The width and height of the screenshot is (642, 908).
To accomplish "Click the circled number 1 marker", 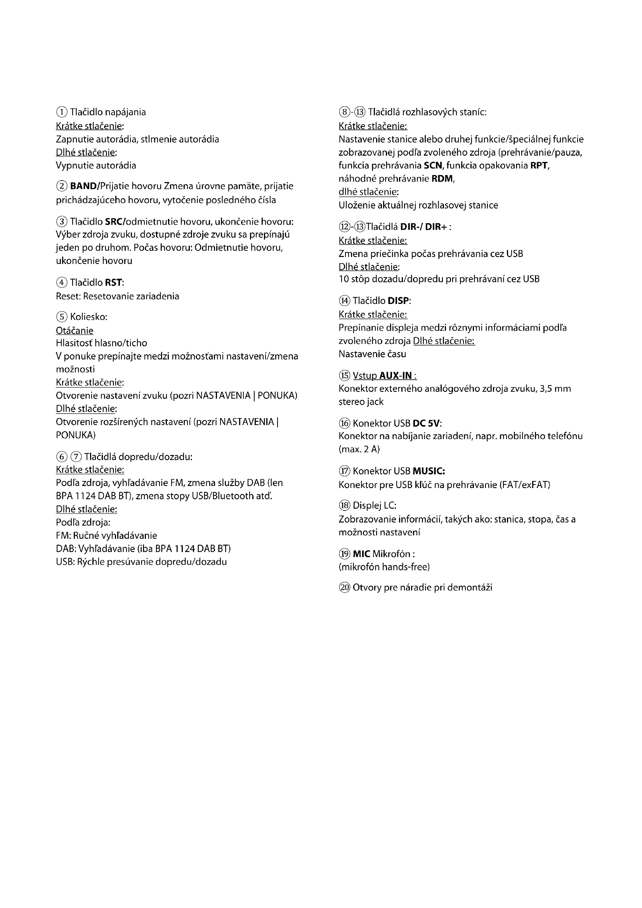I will pos(62,112).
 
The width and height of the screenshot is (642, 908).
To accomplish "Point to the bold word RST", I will pos(113,283).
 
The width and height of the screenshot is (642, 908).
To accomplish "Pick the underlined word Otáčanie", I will pos(75,330).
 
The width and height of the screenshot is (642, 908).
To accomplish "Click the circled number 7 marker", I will pos(76,457).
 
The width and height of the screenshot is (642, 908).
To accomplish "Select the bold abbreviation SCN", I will pos(433,165).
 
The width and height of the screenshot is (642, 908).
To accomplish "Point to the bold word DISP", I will pos(398,300).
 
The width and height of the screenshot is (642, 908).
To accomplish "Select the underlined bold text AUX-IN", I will pos(395,375).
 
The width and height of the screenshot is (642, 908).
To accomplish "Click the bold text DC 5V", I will pos(426,424).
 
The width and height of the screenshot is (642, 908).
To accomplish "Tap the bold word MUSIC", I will pos(429,471).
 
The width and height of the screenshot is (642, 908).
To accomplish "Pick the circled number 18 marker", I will pos(345,505).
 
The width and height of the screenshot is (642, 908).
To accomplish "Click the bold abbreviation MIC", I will pos(361,554).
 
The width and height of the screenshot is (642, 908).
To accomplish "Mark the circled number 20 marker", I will pos(345,588).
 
